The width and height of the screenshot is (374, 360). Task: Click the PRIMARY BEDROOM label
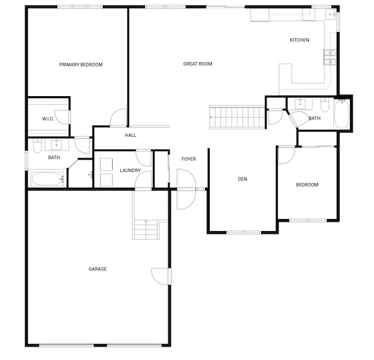(x=81, y=65)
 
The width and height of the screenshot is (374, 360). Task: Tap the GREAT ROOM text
(x=198, y=63)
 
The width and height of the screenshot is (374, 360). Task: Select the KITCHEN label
(x=299, y=40)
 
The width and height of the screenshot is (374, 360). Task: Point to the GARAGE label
(x=98, y=269)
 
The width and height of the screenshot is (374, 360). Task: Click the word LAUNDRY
(x=130, y=170)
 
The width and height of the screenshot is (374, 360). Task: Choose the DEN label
(x=242, y=179)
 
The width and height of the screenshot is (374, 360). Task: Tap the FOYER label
(x=188, y=159)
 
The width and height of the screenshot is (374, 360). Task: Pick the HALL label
(x=131, y=136)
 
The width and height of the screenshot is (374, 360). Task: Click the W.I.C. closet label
(x=48, y=119)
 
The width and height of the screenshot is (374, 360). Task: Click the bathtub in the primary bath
(x=47, y=179)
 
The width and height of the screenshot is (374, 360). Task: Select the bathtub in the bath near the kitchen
(x=342, y=114)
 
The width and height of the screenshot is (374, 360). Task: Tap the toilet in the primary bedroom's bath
(x=37, y=146)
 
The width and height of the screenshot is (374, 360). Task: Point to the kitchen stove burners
(x=330, y=57)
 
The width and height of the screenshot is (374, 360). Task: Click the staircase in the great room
(x=237, y=118)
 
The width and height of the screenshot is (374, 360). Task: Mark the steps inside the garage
(x=146, y=230)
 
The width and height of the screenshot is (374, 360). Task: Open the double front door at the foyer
(x=186, y=189)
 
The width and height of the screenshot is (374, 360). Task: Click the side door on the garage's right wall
(x=161, y=277)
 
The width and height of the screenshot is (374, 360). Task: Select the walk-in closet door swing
(x=63, y=117)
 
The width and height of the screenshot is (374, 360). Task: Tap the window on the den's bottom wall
(x=244, y=232)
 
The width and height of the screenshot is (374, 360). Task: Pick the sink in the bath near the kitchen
(x=299, y=104)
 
